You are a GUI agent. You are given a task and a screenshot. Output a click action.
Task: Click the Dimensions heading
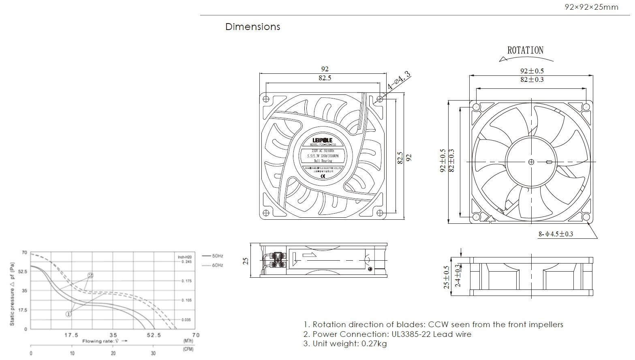pyautogui.click(x=252, y=27)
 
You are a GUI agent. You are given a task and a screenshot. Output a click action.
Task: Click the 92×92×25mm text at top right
pyautogui.click(x=591, y=7)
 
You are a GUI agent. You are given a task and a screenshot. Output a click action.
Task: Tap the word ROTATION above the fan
pyautogui.click(x=525, y=50)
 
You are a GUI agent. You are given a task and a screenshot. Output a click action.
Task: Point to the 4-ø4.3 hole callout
pyautogui.click(x=399, y=81)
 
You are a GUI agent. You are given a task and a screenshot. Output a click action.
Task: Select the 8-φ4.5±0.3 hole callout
pyautogui.click(x=556, y=234)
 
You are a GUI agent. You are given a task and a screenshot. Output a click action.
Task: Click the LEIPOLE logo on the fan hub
pyautogui.click(x=323, y=140)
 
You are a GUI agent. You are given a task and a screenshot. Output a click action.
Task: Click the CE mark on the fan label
pyautogui.click(x=323, y=177)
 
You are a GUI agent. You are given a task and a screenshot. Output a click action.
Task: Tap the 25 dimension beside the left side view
pyautogui.click(x=246, y=260)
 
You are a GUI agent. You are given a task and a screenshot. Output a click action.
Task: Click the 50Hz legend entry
pyautogui.click(x=217, y=256)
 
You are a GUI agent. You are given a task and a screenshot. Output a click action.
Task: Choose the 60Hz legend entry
pyautogui.click(x=217, y=265)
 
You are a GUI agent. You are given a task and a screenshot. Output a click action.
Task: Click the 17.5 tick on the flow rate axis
pyautogui.click(x=71, y=335)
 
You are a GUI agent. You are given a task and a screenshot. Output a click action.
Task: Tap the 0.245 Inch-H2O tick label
pyautogui.click(x=186, y=261)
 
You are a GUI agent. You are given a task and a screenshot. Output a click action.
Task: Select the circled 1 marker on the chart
pyautogui.click(x=69, y=314)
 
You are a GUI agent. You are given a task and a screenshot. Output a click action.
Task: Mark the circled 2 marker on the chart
pyautogui.click(x=90, y=275)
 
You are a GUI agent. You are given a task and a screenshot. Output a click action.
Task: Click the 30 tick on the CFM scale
pyautogui.click(x=153, y=354)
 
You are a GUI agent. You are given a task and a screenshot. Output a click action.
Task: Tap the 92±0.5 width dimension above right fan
pyautogui.click(x=532, y=71)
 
